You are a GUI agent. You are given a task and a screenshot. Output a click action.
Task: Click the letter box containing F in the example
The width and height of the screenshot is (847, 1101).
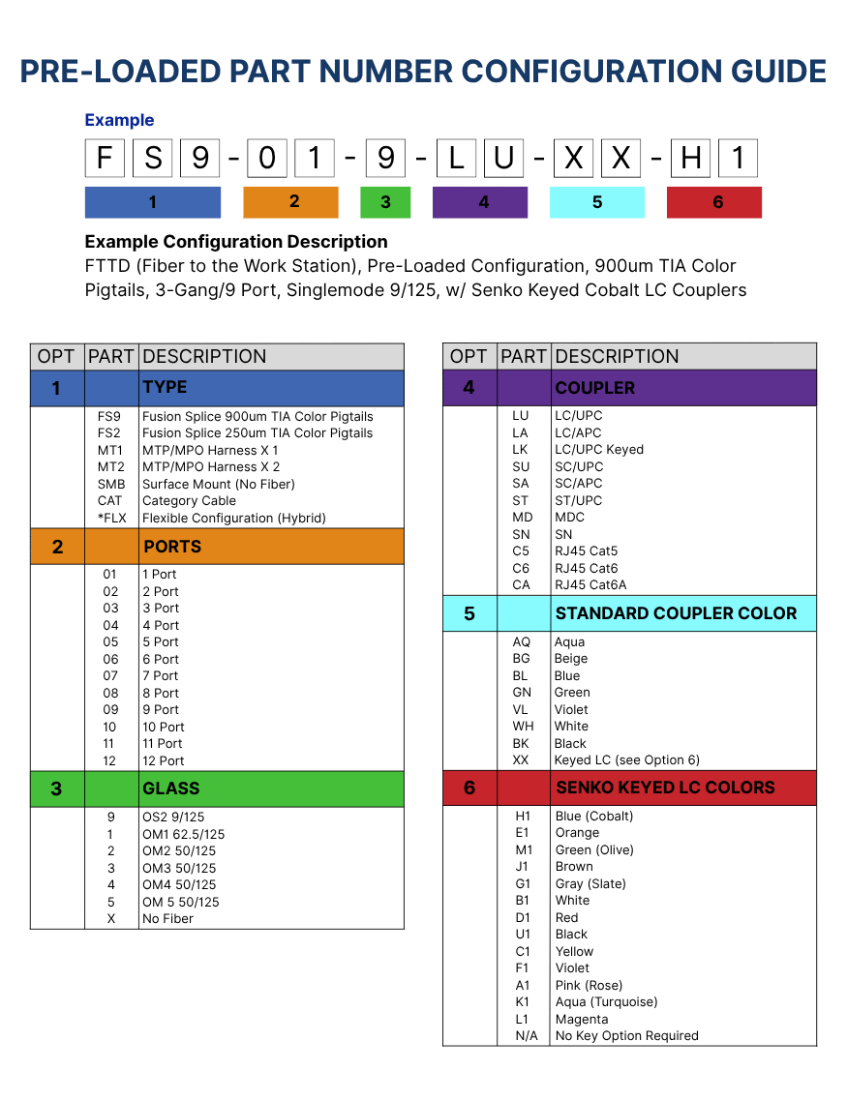point(105,158)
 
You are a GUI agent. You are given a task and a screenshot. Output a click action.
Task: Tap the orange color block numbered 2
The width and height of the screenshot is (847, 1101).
point(290,202)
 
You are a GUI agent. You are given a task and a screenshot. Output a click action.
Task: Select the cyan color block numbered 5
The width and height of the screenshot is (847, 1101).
point(597,202)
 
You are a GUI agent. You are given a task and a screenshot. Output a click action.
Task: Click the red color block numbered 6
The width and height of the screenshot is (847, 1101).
point(714,202)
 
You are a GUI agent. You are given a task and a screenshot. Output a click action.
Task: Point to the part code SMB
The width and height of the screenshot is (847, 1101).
point(111,484)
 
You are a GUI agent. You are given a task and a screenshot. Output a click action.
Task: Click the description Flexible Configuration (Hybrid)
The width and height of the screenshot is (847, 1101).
point(234,519)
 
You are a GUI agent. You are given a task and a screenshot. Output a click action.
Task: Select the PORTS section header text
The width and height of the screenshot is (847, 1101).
point(172,547)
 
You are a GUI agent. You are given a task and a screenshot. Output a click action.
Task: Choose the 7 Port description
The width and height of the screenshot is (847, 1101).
point(161,675)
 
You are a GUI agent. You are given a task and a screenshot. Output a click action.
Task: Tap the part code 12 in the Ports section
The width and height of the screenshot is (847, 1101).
point(109,760)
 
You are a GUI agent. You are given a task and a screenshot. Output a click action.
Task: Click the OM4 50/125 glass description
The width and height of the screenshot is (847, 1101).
point(179,884)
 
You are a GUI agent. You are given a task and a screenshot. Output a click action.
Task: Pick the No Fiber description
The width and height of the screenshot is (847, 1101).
point(167,918)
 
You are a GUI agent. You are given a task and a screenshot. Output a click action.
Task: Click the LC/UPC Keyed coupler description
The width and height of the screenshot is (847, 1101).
point(599,449)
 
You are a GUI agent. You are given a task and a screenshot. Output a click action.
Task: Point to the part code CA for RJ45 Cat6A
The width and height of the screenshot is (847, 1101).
point(521,585)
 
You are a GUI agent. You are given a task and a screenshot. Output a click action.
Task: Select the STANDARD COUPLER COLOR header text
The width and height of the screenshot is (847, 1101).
point(677,613)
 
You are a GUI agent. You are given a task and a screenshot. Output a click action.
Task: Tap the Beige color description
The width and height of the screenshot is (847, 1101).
point(571,659)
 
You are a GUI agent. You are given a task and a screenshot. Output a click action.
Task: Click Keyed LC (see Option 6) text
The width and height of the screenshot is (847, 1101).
point(627,760)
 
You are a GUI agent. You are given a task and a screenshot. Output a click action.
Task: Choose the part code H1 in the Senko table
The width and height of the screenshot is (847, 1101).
point(524,816)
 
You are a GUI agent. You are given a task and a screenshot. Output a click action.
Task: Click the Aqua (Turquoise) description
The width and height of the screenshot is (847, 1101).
point(607,1002)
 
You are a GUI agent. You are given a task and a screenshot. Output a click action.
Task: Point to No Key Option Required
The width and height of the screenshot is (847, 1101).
point(627,1036)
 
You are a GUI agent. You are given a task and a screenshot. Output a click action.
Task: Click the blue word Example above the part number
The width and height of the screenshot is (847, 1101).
point(119,120)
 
